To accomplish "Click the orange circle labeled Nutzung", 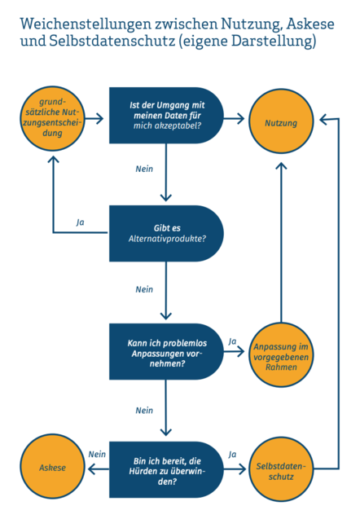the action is tap(281, 121).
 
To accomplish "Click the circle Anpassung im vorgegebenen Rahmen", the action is tap(281, 355).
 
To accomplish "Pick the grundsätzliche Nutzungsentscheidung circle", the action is tap(52, 118).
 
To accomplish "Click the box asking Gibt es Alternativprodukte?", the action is tap(166, 233).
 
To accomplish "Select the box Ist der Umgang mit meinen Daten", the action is tap(166, 115).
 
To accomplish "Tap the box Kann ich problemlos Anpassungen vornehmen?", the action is tap(166, 351).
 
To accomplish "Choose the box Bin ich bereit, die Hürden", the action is tap(166, 469).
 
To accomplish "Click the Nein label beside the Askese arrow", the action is tap(97, 455).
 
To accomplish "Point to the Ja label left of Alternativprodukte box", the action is tap(80, 222).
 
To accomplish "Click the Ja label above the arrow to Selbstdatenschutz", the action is tap(232, 455).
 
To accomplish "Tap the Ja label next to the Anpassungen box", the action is tap(232, 341).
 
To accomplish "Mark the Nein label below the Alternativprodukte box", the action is tap(144, 289).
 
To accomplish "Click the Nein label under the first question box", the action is tap(144, 169).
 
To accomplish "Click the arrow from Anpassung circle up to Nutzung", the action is tap(281, 242).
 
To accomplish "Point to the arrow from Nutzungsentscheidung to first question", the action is tap(94, 118).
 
